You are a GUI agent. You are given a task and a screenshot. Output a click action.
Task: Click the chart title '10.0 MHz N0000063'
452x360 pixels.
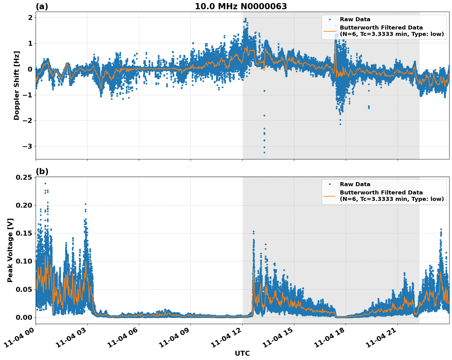(x=241, y=6)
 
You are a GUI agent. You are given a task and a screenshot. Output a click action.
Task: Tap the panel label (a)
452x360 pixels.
(x=42, y=6)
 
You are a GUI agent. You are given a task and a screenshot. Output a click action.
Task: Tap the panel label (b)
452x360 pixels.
(x=42, y=171)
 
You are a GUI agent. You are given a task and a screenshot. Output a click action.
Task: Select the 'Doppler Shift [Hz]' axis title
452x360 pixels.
(x=17, y=86)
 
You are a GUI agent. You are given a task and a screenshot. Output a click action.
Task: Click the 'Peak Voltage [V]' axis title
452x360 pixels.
(x=10, y=250)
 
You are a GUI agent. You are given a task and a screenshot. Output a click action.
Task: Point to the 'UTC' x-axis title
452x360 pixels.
(x=242, y=353)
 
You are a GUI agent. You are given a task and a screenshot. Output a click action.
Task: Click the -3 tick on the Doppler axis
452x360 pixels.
(x=27, y=146)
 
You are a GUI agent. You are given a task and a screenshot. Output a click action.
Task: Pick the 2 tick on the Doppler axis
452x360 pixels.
(x=30, y=18)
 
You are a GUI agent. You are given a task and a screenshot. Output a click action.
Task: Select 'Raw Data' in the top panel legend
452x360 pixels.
(x=355, y=19)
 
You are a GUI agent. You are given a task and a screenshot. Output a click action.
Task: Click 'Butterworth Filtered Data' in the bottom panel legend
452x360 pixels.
(x=381, y=193)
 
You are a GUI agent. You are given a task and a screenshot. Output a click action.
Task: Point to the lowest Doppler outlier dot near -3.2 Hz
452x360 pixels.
(x=264, y=152)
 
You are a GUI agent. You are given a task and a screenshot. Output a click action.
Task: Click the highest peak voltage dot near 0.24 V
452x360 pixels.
(x=45, y=183)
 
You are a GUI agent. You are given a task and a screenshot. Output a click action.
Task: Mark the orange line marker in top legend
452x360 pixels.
(x=329, y=31)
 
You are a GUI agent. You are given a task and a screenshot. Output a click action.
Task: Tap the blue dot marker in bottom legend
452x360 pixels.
(x=329, y=184)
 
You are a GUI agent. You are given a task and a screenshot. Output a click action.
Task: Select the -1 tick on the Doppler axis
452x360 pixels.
(x=27, y=95)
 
